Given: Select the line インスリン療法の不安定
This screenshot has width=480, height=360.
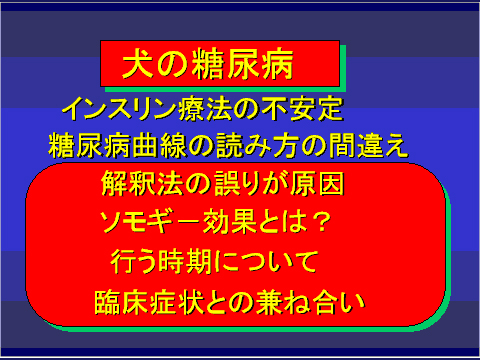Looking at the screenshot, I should point(203,107).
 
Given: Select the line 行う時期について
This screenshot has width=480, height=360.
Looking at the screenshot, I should point(215,261).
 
